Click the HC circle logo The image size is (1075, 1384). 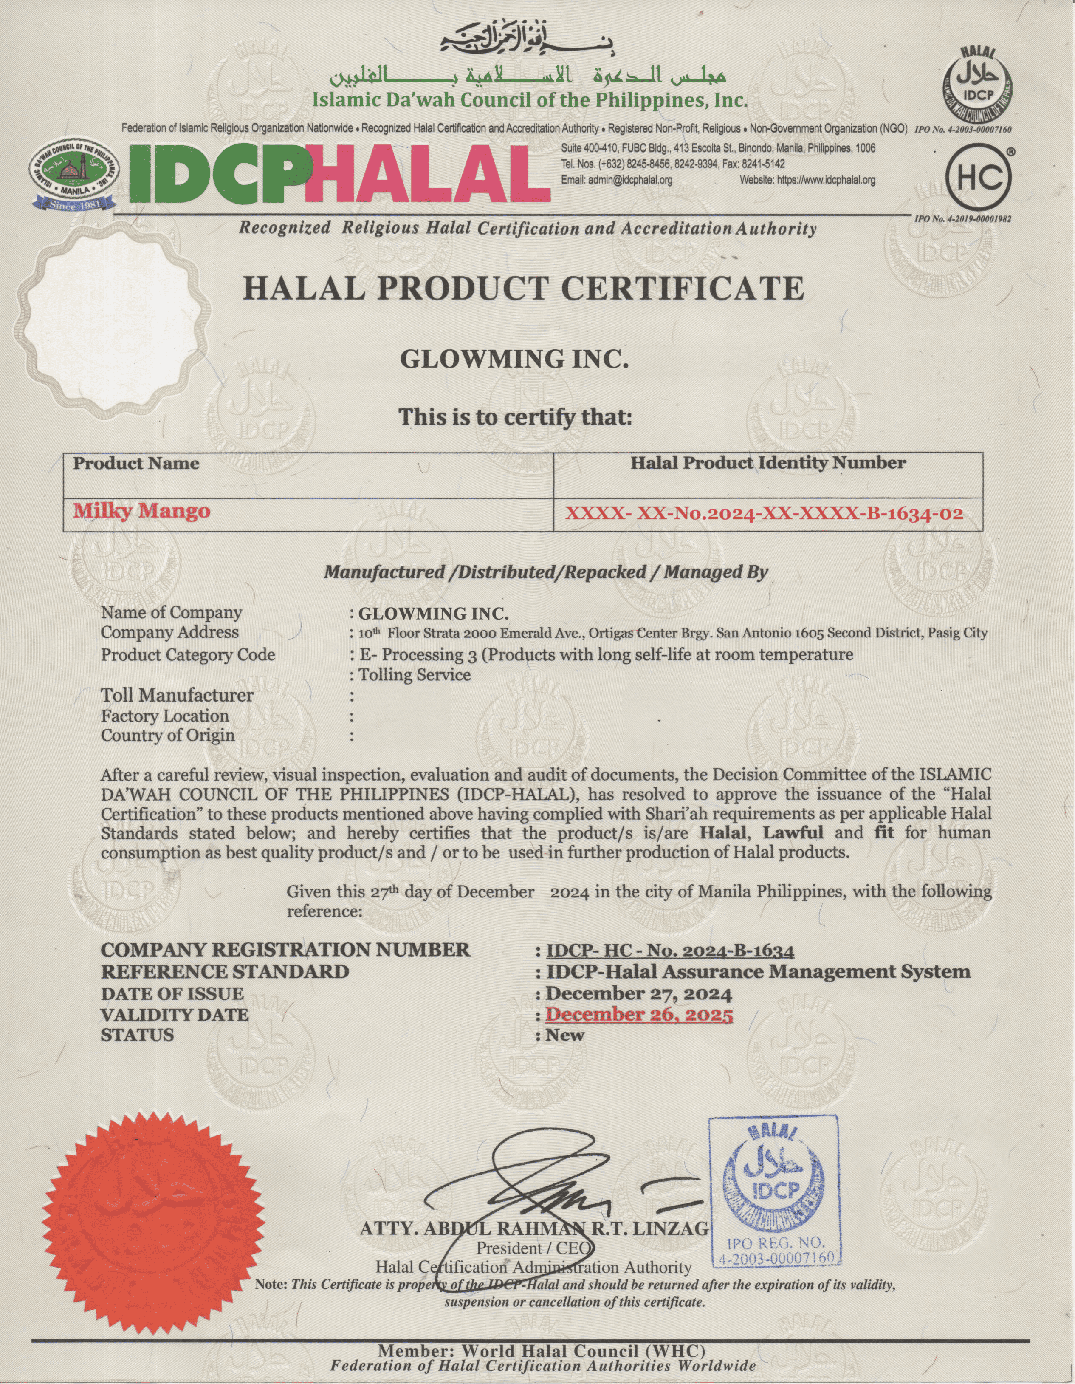coord(977,178)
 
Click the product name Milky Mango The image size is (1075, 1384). coord(141,511)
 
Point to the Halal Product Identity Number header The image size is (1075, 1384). coord(768,463)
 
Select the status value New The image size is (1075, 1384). coord(565,1035)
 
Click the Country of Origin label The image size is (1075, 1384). coord(168,736)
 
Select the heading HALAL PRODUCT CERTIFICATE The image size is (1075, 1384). coord(523,289)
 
